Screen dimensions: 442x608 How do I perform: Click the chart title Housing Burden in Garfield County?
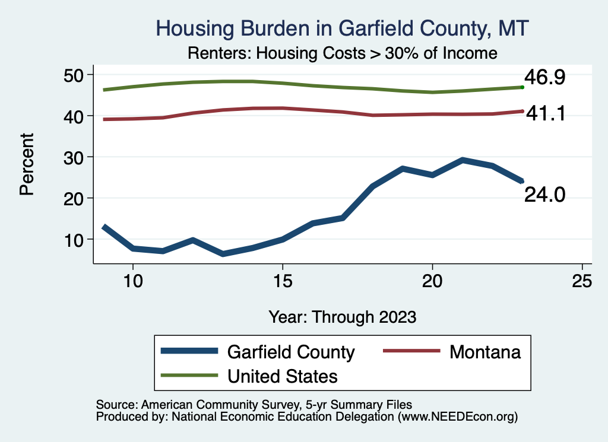click(341, 28)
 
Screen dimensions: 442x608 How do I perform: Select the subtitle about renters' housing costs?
click(341, 53)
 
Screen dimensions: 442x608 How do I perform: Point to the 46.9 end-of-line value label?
click(543, 78)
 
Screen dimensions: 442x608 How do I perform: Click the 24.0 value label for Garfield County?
click(543, 194)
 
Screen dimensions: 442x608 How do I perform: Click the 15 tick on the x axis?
click(282, 281)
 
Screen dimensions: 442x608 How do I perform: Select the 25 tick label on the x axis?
click(582, 281)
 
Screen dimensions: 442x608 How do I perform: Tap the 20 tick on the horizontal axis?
click(432, 281)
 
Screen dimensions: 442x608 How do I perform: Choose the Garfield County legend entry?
click(290, 352)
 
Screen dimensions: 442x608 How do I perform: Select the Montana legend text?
click(485, 352)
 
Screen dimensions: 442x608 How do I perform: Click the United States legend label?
click(283, 376)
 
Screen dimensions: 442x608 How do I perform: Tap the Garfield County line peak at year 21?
click(463, 160)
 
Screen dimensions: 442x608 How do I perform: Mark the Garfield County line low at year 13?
click(223, 254)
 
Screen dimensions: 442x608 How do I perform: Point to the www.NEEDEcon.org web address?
click(457, 417)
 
